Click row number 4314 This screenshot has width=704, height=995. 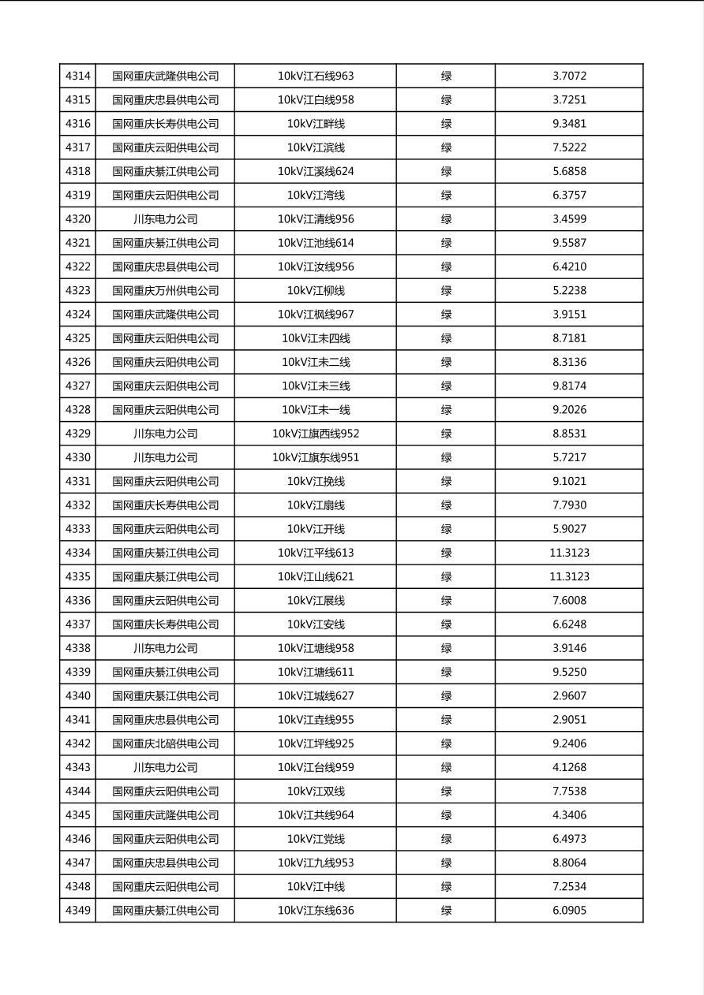tap(77, 76)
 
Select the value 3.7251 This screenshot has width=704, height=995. tap(569, 100)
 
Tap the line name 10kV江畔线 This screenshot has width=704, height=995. tap(316, 124)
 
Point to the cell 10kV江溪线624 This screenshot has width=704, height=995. tap(316, 171)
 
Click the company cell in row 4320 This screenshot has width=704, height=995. tap(165, 219)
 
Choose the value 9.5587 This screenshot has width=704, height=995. tap(569, 243)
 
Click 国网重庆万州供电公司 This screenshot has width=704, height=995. tap(165, 290)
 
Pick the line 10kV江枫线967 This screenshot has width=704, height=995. tap(316, 315)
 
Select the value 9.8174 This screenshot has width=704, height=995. tap(569, 386)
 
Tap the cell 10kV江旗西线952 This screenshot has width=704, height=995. tap(316, 434)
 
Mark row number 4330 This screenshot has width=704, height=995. tap(77, 457)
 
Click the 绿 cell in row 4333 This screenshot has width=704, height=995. tap(446, 529)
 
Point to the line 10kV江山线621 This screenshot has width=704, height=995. tap(316, 576)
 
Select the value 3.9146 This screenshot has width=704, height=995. tap(569, 648)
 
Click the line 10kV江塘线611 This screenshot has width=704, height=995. tap(316, 672)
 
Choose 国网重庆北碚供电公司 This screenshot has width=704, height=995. tap(165, 743)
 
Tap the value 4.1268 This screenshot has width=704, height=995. tap(569, 767)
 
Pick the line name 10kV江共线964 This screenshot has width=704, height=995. tap(316, 815)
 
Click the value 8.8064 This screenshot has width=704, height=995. tap(569, 863)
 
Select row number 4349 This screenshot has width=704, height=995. tap(77, 911)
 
